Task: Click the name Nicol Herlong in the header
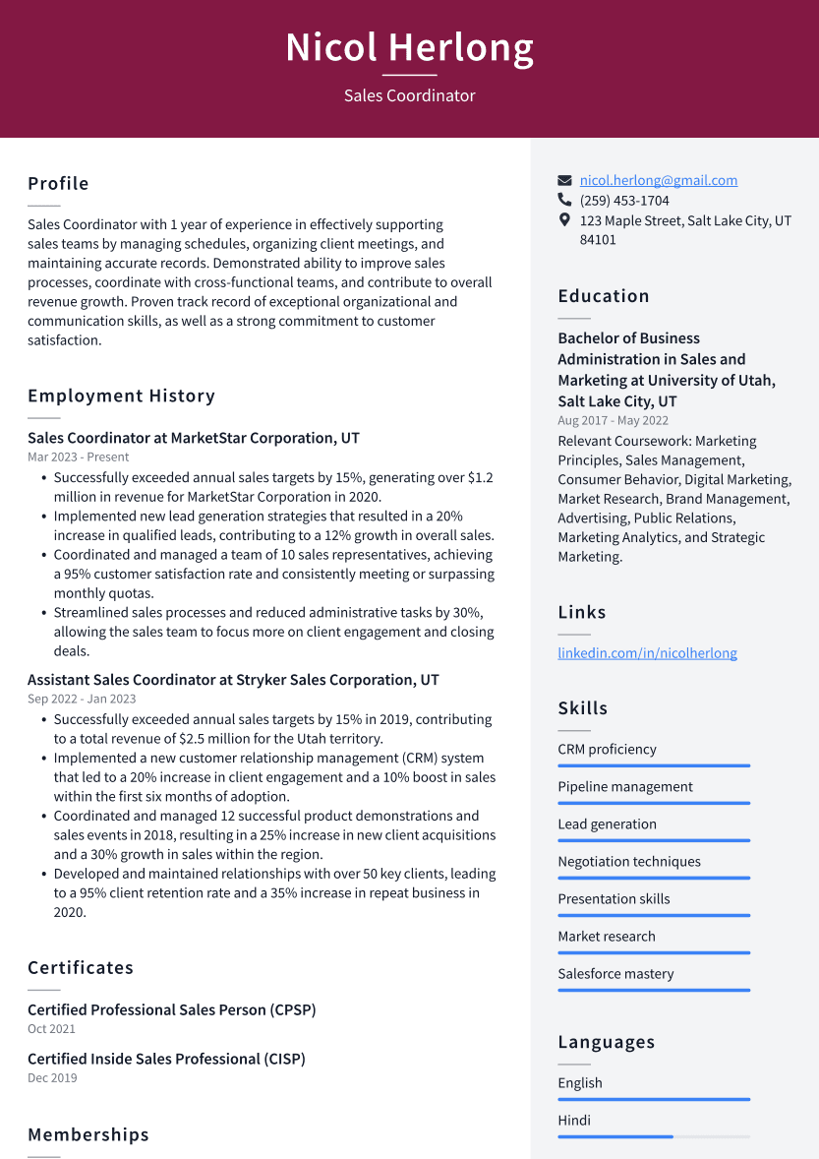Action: (x=409, y=47)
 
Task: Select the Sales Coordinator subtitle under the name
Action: (x=409, y=95)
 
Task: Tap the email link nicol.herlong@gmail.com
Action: (x=658, y=180)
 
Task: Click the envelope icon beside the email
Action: (x=564, y=181)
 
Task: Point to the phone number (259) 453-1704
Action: (x=624, y=201)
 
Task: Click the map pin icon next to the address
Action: (x=564, y=220)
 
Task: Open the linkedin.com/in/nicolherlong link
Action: (x=647, y=652)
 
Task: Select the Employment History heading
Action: (x=121, y=396)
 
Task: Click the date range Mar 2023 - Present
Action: (x=78, y=457)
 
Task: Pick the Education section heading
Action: (x=604, y=296)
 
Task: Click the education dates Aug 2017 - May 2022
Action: (x=613, y=420)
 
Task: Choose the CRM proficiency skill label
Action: (x=607, y=749)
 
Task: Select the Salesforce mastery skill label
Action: (x=615, y=973)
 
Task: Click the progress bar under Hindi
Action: (x=653, y=1136)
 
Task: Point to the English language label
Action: (x=580, y=1082)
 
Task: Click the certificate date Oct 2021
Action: (x=51, y=1029)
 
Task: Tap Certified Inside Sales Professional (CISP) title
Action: (x=166, y=1059)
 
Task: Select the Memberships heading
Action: (x=88, y=1134)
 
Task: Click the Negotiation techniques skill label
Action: (x=629, y=861)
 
